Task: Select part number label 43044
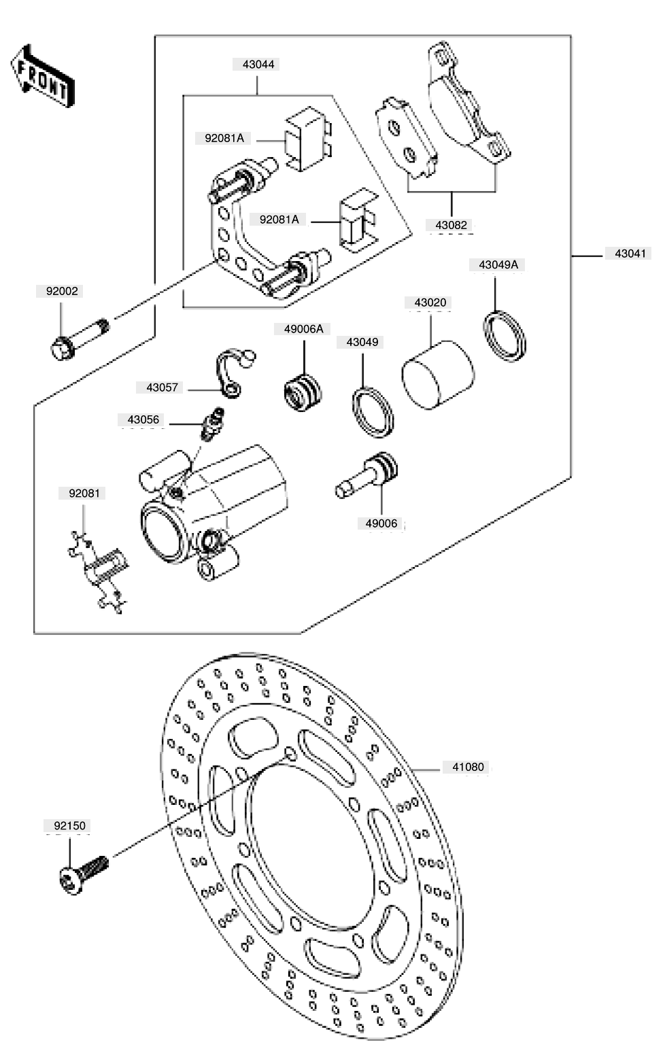click(x=258, y=65)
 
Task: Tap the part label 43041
click(x=630, y=254)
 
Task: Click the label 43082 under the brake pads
click(x=451, y=225)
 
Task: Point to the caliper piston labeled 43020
click(x=438, y=375)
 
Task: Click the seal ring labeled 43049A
click(x=505, y=336)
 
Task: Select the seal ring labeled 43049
click(x=373, y=413)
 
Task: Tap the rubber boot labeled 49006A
click(x=303, y=393)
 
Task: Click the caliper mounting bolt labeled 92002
click(x=80, y=340)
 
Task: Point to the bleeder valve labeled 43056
click(x=212, y=424)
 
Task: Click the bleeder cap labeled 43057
click(x=234, y=373)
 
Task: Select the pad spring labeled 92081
click(x=99, y=573)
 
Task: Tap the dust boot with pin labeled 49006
click(x=366, y=475)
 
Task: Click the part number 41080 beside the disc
click(x=468, y=767)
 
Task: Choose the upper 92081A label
click(x=224, y=139)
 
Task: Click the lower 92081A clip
click(x=358, y=220)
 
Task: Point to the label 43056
click(x=143, y=419)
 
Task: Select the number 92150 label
click(x=69, y=826)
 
